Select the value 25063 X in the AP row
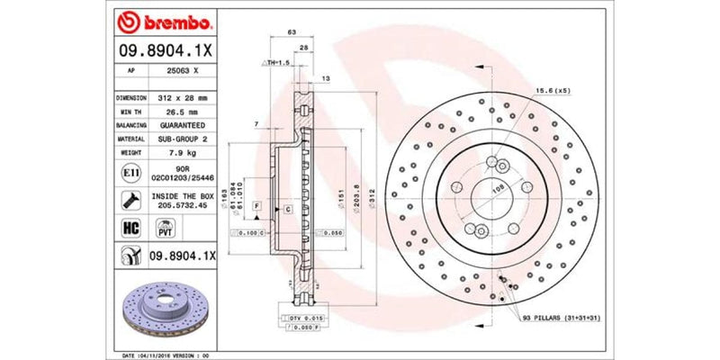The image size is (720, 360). [184, 68]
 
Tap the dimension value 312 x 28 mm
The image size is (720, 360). [184, 97]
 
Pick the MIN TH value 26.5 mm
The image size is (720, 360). [184, 112]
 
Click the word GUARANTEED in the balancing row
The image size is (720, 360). [184, 125]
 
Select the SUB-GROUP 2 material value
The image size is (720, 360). [184, 139]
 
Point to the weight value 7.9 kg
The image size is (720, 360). [184, 153]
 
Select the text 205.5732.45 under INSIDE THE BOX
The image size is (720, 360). [184, 205]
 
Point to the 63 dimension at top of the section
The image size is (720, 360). [291, 32]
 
